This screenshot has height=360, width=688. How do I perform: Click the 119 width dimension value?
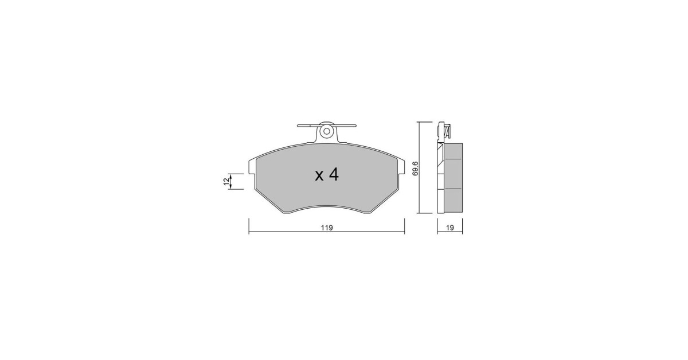click(x=327, y=228)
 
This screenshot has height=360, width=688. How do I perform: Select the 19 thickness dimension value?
click(x=450, y=228)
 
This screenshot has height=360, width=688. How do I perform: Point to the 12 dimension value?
click(x=226, y=182)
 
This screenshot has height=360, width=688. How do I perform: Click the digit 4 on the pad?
click(x=334, y=175)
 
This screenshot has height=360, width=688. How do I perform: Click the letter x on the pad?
click(x=319, y=177)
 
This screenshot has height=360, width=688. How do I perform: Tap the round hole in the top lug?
click(x=327, y=131)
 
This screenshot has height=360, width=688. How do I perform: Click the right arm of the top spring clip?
click(x=345, y=126)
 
